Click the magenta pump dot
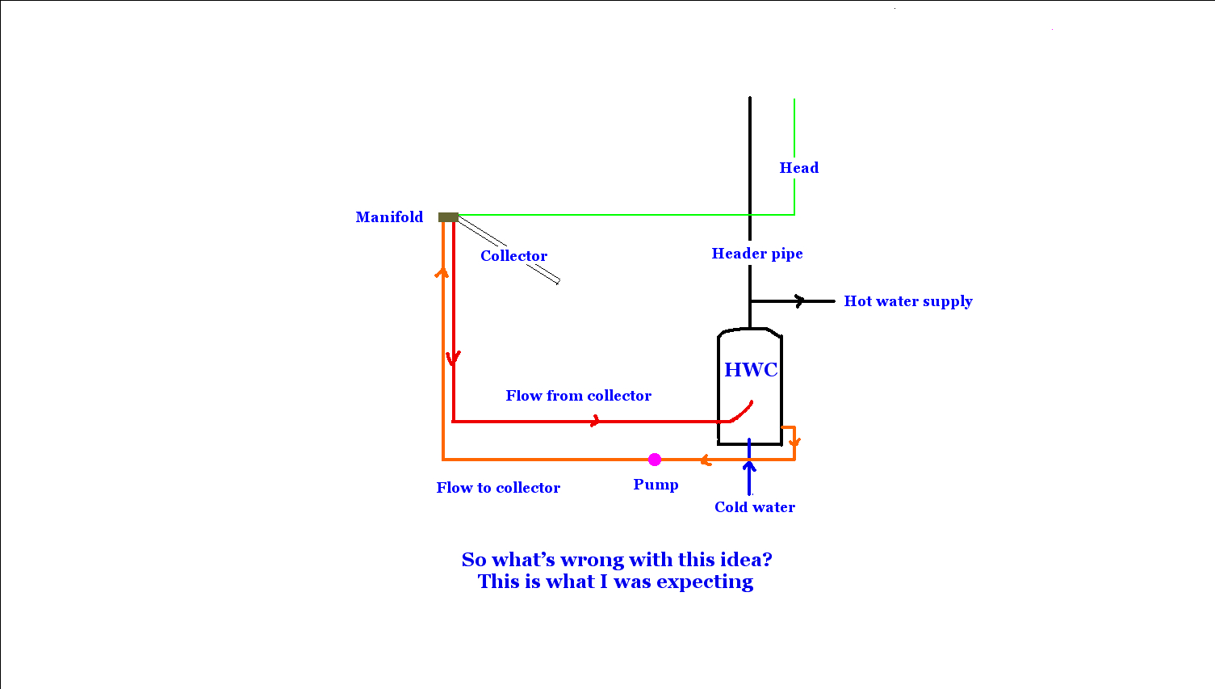[655, 460]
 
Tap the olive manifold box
[448, 217]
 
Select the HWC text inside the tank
[751, 369]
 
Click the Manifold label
[389, 217]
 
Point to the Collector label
[513, 255]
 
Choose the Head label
[799, 168]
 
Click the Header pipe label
[757, 254]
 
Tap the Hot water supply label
[908, 301]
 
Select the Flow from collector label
[578, 396]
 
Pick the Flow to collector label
[498, 488]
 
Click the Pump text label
[656, 485]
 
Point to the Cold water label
[755, 506]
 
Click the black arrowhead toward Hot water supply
[800, 301]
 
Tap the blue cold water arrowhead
[749, 465]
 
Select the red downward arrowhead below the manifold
[454, 358]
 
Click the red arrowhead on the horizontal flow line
[596, 421]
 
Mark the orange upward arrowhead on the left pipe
[442, 272]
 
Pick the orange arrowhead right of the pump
[706, 460]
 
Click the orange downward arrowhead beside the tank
[794, 442]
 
